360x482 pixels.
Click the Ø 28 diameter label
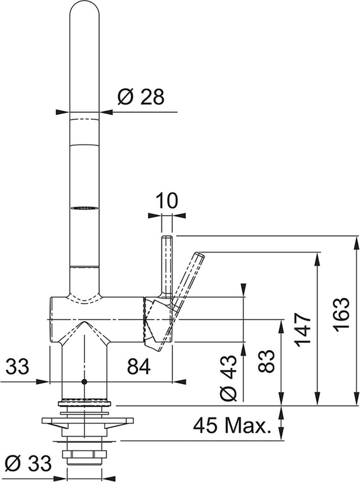tap(141, 98)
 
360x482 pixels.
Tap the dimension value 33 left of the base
tap(18, 365)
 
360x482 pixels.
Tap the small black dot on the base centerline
tap(83, 382)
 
